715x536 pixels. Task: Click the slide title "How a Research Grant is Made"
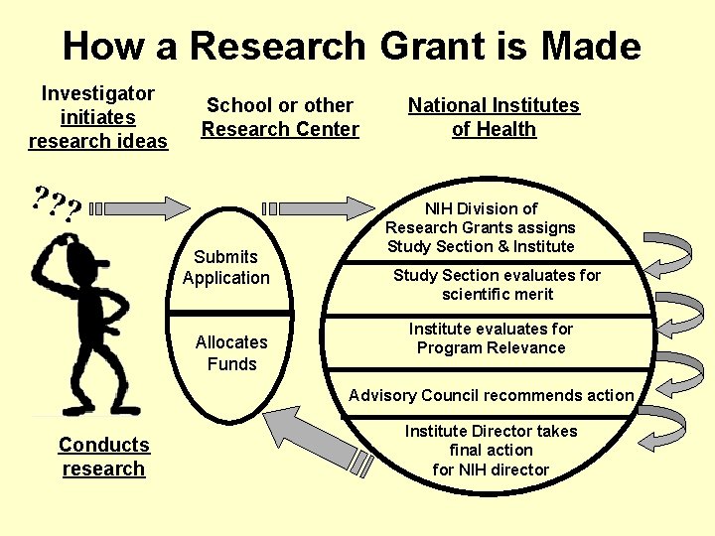[x=352, y=47]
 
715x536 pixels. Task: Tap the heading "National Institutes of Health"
[x=494, y=117]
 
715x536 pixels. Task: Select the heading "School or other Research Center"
[x=280, y=117]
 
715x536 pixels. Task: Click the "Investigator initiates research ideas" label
[x=98, y=117]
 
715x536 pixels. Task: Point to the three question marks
[x=56, y=204]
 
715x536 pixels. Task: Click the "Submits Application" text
[x=226, y=267]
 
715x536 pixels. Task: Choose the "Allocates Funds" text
[x=231, y=352]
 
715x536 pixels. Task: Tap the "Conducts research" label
[x=103, y=457]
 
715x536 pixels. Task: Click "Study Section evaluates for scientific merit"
[x=497, y=285]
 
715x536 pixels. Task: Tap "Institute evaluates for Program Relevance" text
[x=491, y=338]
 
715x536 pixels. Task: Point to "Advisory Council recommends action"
[x=491, y=395]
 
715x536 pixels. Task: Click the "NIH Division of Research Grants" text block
[x=481, y=227]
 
